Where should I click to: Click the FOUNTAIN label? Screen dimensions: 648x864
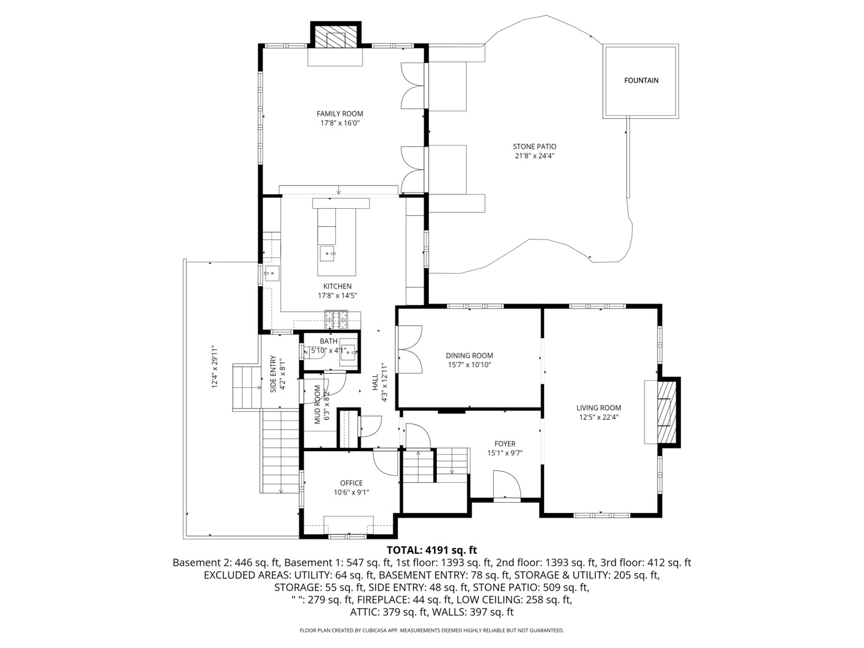coord(641,80)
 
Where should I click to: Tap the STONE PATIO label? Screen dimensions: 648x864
coord(534,146)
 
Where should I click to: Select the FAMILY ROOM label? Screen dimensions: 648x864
coord(340,113)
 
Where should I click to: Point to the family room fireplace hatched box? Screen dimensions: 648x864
coord(335,38)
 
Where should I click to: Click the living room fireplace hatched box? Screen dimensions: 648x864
coord(665,412)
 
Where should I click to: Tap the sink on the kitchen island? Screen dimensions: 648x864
coord(328,254)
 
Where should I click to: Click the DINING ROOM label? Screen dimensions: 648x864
coord(469,355)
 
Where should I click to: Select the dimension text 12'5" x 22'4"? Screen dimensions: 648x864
coord(598,418)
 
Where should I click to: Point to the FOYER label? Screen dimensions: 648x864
coord(505,444)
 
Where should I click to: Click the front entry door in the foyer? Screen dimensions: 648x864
coord(506,485)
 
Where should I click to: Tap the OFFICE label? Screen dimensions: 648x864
coord(351,483)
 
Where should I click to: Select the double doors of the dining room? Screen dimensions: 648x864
coord(410,350)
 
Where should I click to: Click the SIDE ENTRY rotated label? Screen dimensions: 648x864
coord(273,374)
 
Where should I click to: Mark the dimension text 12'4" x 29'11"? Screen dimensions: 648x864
coord(214,367)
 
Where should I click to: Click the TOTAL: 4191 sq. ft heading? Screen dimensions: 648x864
coord(431,550)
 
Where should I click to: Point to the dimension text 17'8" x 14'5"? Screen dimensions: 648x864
coord(337,296)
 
